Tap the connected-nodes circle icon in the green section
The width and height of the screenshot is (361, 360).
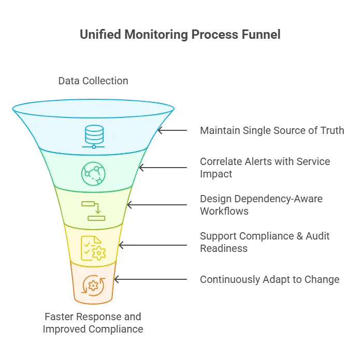pyautogui.click(x=93, y=173)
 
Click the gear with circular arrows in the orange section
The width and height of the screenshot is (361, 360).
pyautogui.click(x=93, y=284)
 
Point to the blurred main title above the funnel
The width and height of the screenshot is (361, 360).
pyautogui.click(x=180, y=35)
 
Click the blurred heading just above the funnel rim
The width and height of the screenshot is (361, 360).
pyautogui.click(x=93, y=82)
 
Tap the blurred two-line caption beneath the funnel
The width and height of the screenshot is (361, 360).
pyautogui.click(x=93, y=323)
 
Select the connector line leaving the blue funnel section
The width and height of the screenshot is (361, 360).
pyautogui.click(x=178, y=130)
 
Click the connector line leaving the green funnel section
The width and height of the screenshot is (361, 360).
pyautogui.click(x=168, y=167)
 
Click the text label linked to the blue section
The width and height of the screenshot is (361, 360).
pyautogui.click(x=271, y=130)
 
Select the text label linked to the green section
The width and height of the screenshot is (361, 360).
pyautogui.click(x=266, y=167)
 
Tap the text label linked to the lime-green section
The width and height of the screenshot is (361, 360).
pyautogui.click(x=261, y=204)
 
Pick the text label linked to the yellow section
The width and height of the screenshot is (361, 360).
pyautogui.click(x=266, y=242)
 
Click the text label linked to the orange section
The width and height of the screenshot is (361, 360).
pyautogui.click(x=269, y=280)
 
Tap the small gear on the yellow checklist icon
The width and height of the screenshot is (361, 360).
pyautogui.click(x=98, y=252)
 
